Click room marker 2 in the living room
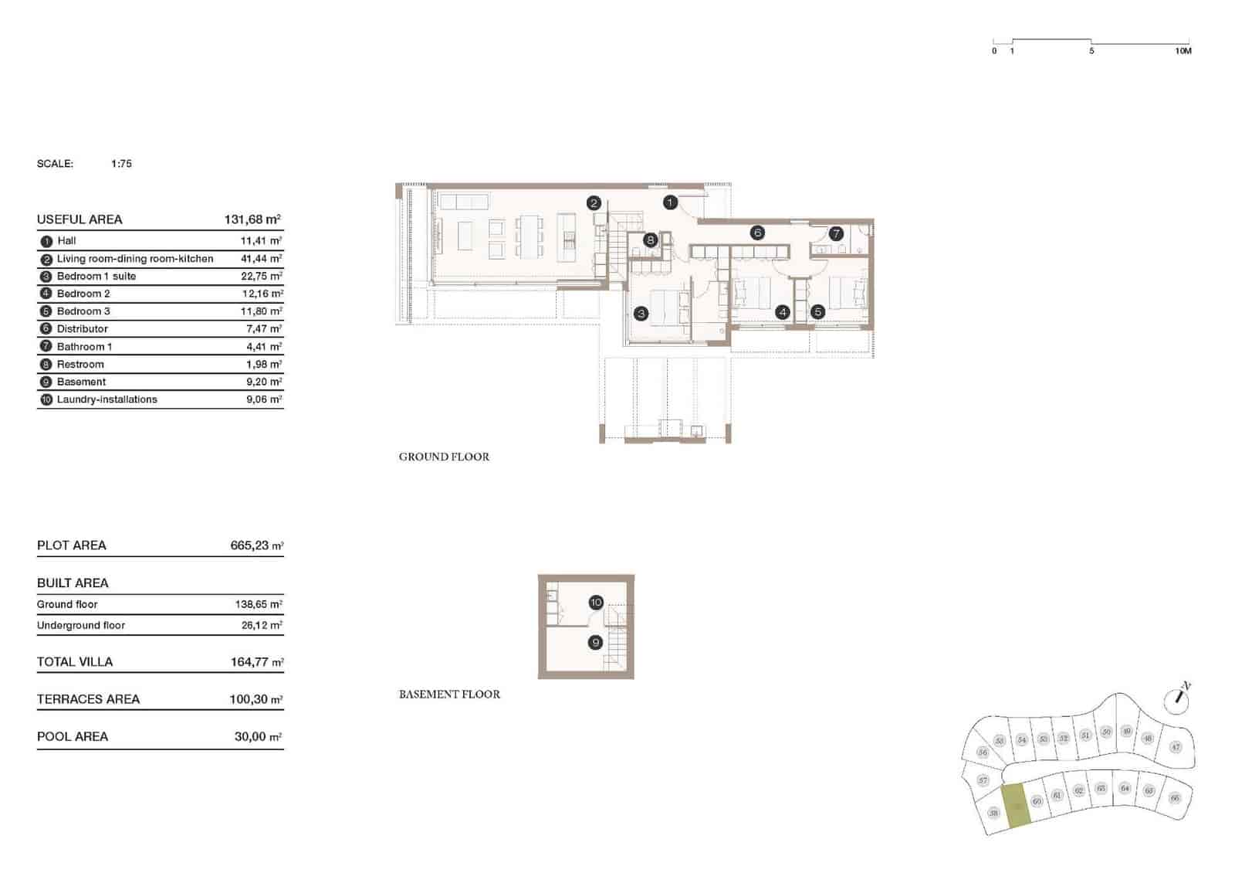[x=593, y=203]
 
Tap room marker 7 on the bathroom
[x=836, y=233]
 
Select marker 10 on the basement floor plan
[x=596, y=603]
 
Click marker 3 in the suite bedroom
[x=641, y=314]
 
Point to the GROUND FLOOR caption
[x=444, y=457]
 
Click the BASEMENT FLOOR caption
[x=449, y=695]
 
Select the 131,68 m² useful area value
[x=252, y=219]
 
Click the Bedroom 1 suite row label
[x=96, y=276]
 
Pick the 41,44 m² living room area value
[x=261, y=259]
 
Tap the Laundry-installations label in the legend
[x=107, y=399]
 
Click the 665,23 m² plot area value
[x=255, y=545]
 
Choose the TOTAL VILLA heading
[x=75, y=662]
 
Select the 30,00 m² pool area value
[x=258, y=737]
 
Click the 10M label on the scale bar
[x=1183, y=51]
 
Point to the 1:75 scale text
[x=121, y=164]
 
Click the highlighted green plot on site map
[x=1016, y=807]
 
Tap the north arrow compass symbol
[x=1179, y=697]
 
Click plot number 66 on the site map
[x=1174, y=798]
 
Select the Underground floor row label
[x=81, y=625]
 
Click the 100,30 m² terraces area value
[x=255, y=699]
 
